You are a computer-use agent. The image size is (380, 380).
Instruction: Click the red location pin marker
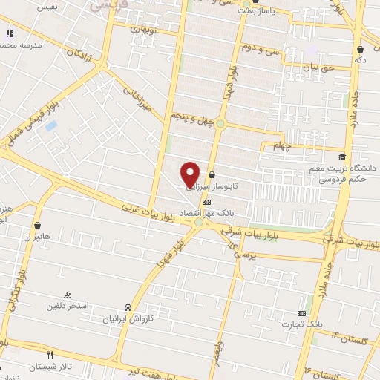point(190,174)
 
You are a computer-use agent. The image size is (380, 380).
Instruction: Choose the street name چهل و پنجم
point(191,117)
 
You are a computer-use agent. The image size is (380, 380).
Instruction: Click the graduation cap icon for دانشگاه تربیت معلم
point(341,157)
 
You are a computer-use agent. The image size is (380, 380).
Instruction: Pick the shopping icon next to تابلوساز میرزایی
point(212,175)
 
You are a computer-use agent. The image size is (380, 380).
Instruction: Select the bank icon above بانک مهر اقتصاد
point(206,201)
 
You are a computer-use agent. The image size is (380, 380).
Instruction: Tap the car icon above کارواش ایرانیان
point(128,307)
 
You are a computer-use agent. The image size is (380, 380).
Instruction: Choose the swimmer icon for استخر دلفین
point(68,295)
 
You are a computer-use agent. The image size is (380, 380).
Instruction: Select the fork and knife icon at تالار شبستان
point(50,355)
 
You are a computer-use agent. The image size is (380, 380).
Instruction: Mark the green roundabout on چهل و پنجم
point(220,123)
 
